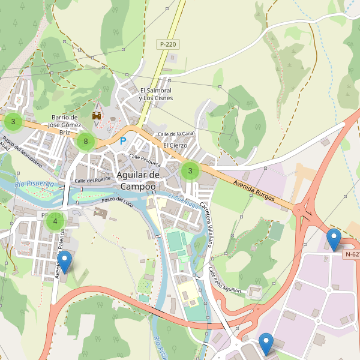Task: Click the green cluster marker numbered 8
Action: pos(86,142)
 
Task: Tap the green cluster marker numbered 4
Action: pos(55,221)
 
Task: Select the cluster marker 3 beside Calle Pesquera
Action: pos(190,172)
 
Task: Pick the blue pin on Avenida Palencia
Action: pos(64,262)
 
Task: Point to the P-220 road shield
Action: pos(167,44)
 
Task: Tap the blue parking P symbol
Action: pos(124,141)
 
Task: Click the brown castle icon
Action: pos(96,115)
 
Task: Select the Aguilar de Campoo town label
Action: pos(137,180)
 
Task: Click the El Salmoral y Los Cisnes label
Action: pos(155,94)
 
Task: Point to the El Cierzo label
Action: pos(175,145)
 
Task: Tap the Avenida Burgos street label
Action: pos(254,189)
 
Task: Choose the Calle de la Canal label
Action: pos(176,133)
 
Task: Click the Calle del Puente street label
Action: pos(92,179)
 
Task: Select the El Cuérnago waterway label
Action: pos(182,201)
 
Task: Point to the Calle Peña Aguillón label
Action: pos(224,281)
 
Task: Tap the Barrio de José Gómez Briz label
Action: pos(66,124)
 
